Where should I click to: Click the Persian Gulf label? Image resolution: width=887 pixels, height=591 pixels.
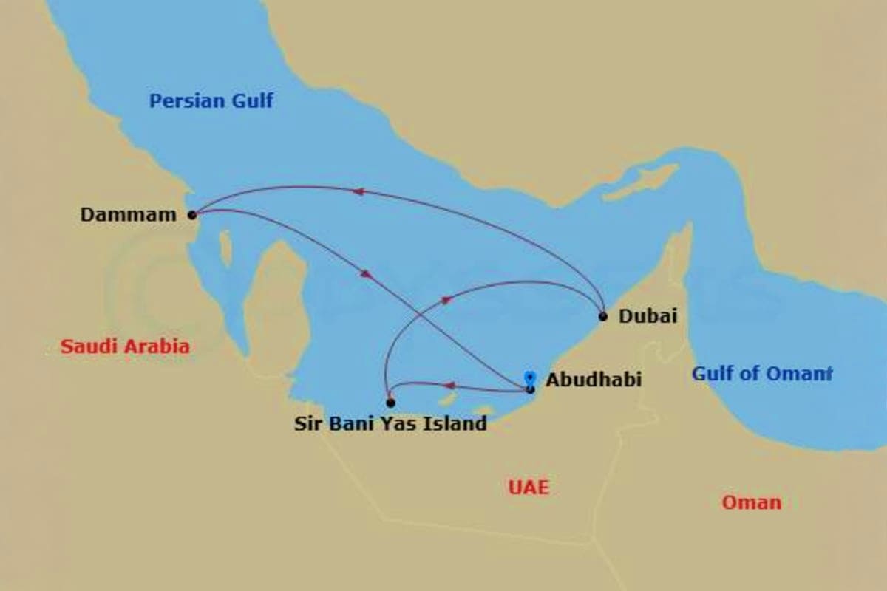click(x=211, y=100)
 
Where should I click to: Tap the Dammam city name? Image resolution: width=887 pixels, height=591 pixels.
click(x=129, y=215)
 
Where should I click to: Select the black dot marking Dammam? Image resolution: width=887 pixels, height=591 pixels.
click(x=192, y=215)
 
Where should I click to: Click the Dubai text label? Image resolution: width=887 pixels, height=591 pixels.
click(x=648, y=316)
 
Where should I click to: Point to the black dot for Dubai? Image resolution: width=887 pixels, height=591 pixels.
click(x=603, y=316)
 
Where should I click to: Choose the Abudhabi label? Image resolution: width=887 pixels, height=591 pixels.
click(x=594, y=380)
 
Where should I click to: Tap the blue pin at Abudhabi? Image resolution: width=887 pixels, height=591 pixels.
click(x=529, y=378)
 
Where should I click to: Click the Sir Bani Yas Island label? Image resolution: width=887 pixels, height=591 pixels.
click(x=390, y=423)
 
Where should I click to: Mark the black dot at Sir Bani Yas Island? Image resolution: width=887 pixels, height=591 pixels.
click(x=390, y=403)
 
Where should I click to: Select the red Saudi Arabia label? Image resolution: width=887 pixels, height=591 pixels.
click(x=125, y=346)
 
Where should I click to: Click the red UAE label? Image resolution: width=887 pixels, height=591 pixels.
click(x=529, y=487)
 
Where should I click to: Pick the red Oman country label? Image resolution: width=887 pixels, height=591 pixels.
click(x=751, y=503)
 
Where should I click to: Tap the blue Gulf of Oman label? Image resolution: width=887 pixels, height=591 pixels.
click(x=761, y=374)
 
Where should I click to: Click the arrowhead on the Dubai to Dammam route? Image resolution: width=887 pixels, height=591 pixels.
click(x=357, y=191)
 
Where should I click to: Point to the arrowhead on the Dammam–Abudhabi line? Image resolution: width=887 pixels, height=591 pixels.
click(x=366, y=274)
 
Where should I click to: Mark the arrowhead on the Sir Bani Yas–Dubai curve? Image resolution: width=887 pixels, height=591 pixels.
click(x=446, y=299)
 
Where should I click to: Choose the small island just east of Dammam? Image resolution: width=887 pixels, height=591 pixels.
click(x=225, y=248)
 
